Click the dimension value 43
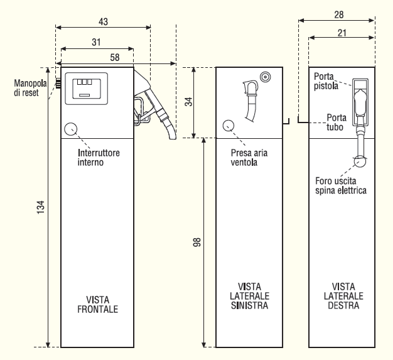(x=104, y=21)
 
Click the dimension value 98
(x=196, y=242)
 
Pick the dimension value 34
(x=186, y=102)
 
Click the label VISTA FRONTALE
(x=97, y=304)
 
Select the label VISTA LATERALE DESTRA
(x=342, y=297)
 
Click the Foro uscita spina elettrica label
(x=341, y=185)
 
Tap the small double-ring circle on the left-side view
(x=266, y=77)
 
